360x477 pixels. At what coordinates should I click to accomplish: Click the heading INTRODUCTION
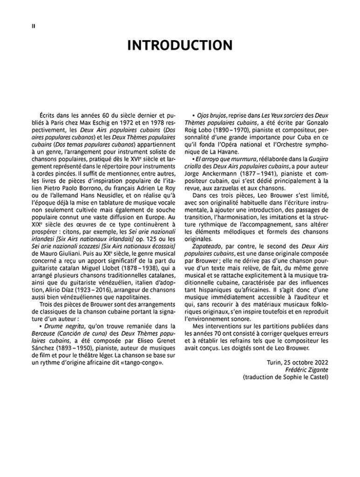click(180, 46)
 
